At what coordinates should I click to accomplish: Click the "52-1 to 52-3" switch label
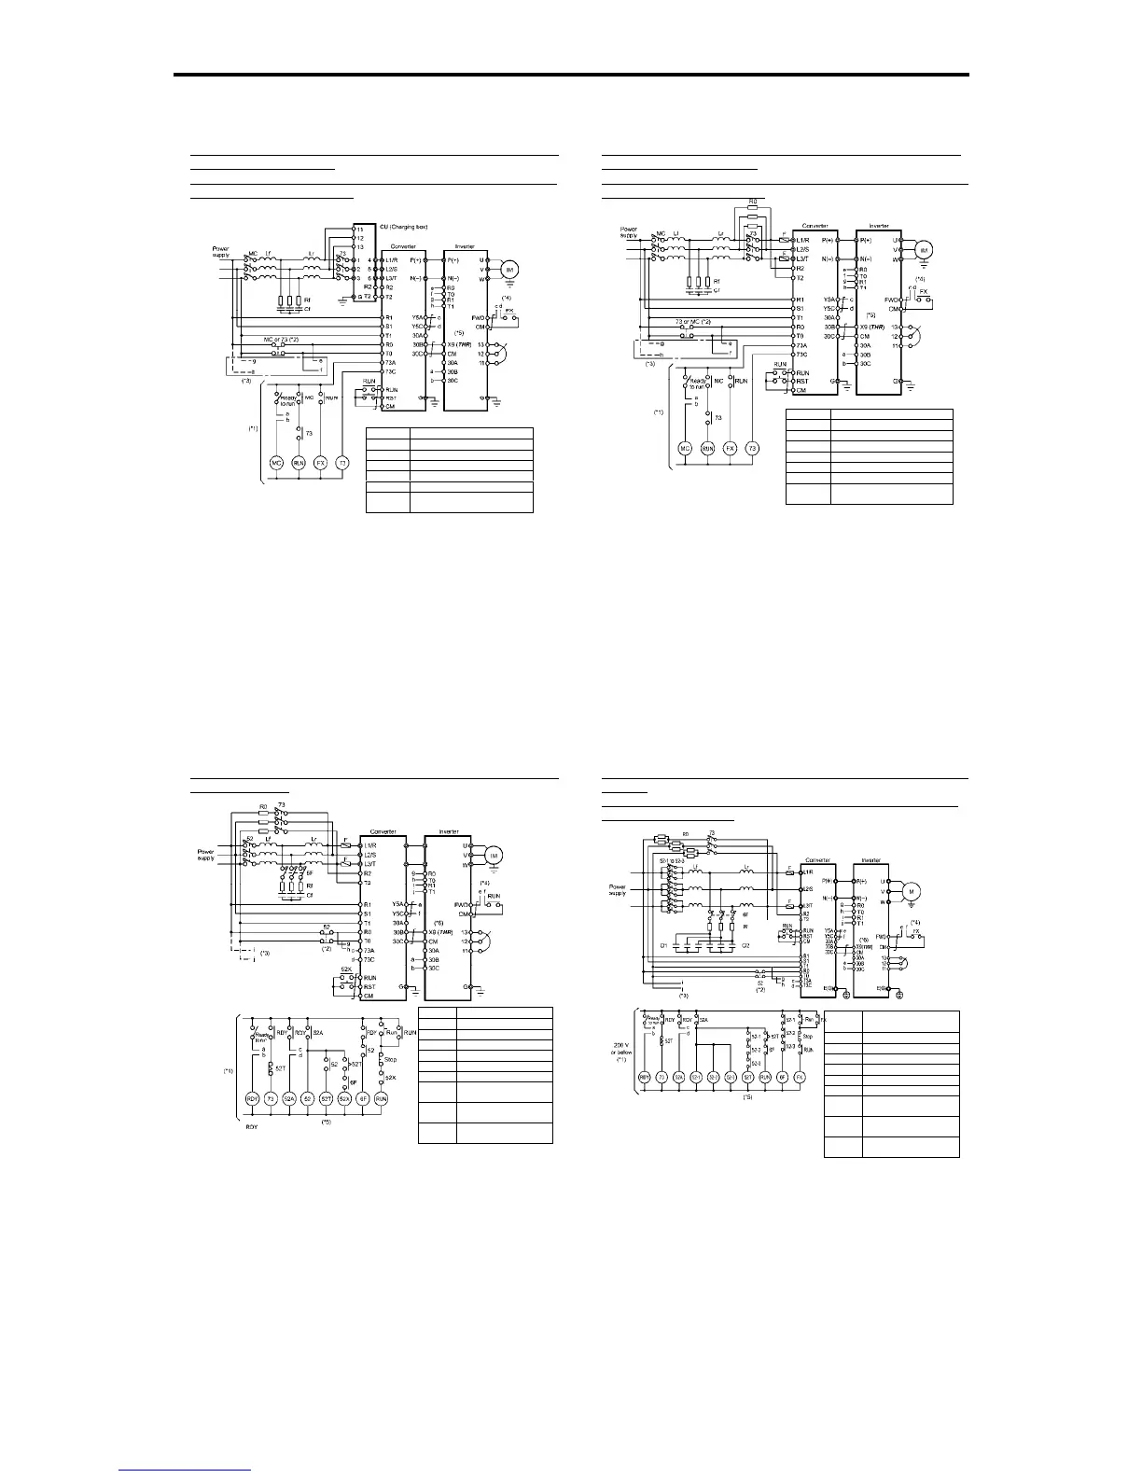(x=672, y=861)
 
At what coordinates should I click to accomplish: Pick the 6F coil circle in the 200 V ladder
(x=782, y=1077)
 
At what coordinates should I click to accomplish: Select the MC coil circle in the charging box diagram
(x=276, y=463)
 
